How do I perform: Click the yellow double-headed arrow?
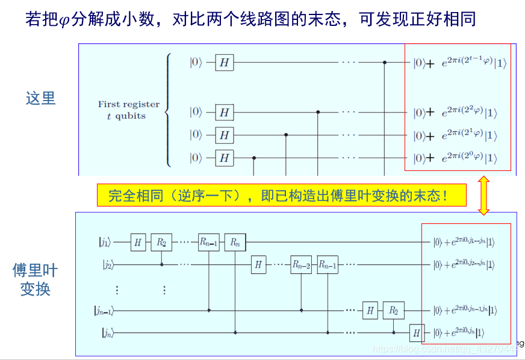tap(483, 195)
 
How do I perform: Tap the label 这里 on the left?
tap(41, 98)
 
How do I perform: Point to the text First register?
tap(128, 104)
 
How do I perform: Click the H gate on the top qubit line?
tap(225, 62)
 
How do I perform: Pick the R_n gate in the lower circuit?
tap(235, 243)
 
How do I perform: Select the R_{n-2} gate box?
tap(301, 264)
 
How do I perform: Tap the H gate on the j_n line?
tap(416, 332)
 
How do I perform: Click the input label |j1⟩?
tap(105, 243)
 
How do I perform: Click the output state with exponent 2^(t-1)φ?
tap(460, 62)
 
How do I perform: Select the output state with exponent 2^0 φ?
tap(460, 158)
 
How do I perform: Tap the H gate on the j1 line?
tap(138, 243)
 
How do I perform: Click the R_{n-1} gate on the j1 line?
tap(208, 243)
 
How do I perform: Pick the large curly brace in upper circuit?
tap(168, 110)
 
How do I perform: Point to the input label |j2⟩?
tap(106, 264)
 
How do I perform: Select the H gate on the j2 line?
tap(258, 264)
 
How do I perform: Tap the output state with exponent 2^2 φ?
tap(460, 113)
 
